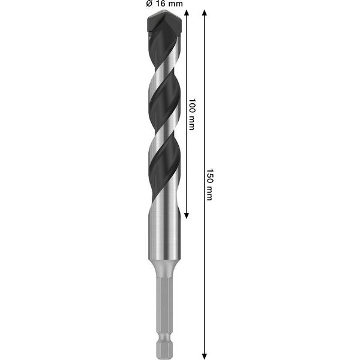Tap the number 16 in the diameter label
(160, 4)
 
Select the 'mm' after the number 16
(175, 4)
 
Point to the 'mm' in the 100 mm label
(192, 123)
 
